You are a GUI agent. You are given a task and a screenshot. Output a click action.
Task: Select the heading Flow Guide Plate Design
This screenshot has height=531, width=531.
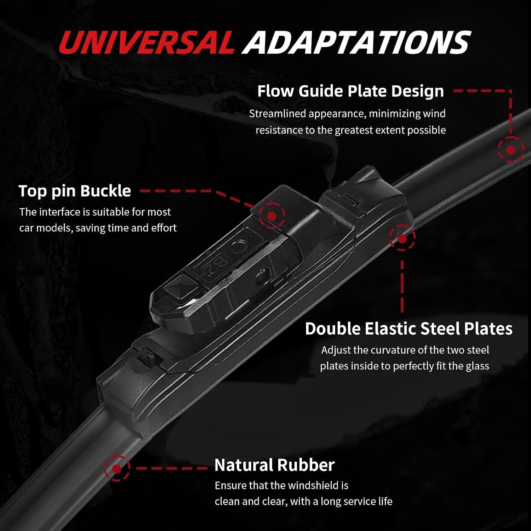[x=350, y=91]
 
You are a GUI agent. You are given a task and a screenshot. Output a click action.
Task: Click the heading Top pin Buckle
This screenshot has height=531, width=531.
[x=75, y=191]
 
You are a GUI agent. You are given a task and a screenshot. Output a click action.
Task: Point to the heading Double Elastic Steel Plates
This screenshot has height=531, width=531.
[x=409, y=329]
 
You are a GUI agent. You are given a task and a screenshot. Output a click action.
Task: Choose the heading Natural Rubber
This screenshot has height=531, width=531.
[x=274, y=465]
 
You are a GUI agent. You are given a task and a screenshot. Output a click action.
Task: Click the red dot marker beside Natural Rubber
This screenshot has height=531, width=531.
[x=117, y=469]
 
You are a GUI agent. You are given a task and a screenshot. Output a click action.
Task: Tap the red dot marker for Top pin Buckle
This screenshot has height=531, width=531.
[x=272, y=216]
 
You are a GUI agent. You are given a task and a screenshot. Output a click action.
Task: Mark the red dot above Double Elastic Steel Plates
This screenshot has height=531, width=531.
[x=402, y=239]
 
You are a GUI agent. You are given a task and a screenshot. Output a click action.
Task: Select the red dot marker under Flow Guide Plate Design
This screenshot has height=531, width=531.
[x=510, y=150]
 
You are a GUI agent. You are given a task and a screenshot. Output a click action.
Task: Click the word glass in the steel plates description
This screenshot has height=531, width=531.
[x=477, y=366]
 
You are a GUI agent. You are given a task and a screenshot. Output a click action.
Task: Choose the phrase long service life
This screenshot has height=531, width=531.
[x=357, y=501]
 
